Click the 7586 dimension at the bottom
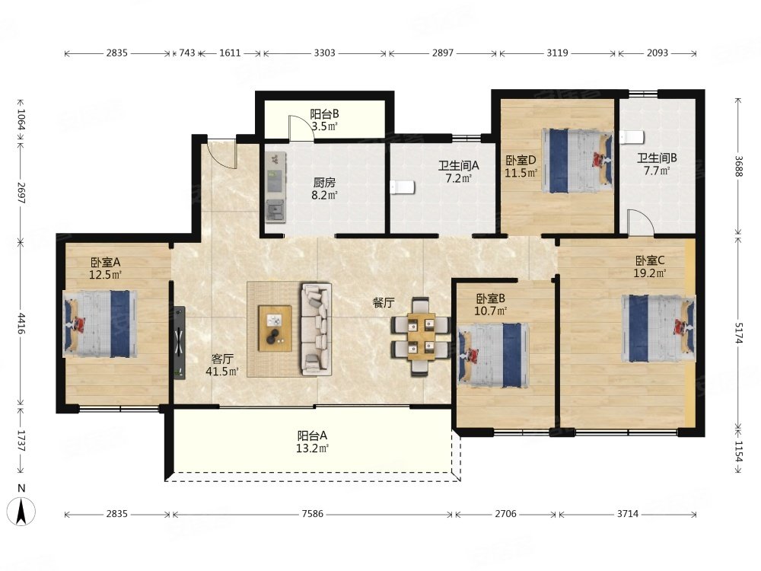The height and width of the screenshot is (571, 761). pyautogui.click(x=312, y=514)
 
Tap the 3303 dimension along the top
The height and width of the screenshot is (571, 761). pyautogui.click(x=324, y=53)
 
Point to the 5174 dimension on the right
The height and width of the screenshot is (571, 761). pyautogui.click(x=739, y=333)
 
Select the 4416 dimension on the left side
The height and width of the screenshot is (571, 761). pyautogui.click(x=21, y=324)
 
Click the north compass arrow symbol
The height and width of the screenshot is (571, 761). pyautogui.click(x=21, y=512)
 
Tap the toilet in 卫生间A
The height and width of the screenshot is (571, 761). pyautogui.click(x=403, y=187)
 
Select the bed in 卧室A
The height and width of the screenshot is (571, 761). pyautogui.click(x=100, y=324)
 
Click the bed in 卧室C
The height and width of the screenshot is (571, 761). pyautogui.click(x=658, y=328)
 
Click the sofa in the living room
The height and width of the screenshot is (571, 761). pyautogui.click(x=317, y=329)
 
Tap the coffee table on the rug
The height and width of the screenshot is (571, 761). pyautogui.click(x=275, y=327)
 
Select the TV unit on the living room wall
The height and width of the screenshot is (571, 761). pyautogui.click(x=180, y=343)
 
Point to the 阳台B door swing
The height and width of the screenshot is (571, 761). pyautogui.click(x=301, y=128)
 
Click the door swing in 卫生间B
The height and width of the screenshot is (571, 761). pyautogui.click(x=641, y=222)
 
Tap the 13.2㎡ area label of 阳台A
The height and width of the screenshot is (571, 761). pyautogui.click(x=313, y=448)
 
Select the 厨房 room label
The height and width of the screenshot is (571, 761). pyautogui.click(x=324, y=183)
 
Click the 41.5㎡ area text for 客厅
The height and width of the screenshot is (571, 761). pyautogui.click(x=222, y=372)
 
